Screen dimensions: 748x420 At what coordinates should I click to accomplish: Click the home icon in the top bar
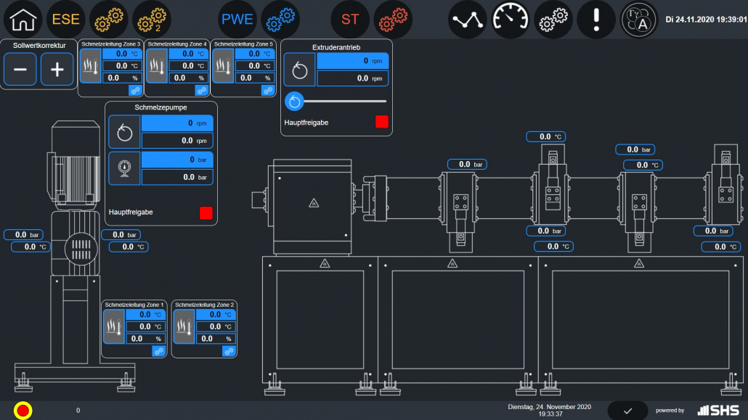[23, 20]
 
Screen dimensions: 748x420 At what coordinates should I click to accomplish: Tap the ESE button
[66, 20]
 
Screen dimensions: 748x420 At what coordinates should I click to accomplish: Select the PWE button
[237, 20]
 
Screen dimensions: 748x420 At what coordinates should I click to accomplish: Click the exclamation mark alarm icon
[595, 20]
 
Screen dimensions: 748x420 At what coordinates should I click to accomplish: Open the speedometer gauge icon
[510, 20]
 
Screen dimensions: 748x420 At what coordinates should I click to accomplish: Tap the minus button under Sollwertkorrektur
[20, 70]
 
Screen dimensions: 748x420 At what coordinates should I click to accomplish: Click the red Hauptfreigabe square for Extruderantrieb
[382, 122]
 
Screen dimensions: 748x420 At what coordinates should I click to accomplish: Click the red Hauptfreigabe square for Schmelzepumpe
[206, 213]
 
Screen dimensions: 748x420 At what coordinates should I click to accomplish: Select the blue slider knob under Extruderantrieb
[294, 101]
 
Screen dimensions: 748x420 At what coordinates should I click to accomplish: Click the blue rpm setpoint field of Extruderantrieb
[352, 61]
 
